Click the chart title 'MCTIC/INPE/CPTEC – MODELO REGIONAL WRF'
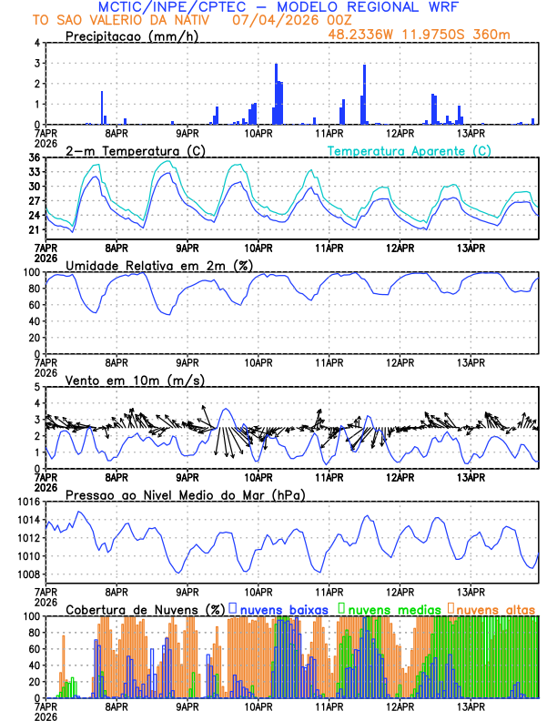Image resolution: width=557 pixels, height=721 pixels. tap(278, 7)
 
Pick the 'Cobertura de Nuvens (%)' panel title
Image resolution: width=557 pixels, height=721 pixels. tap(146, 609)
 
